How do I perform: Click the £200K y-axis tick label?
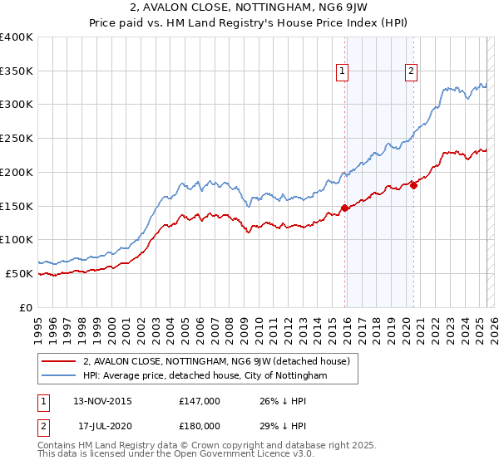click(x=17, y=172)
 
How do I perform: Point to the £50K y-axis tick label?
click(x=19, y=273)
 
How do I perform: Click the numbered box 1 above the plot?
click(x=343, y=72)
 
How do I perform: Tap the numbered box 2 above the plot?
click(x=412, y=72)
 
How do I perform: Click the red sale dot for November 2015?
click(x=344, y=208)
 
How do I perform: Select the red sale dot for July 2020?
click(x=413, y=185)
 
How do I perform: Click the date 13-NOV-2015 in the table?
click(x=102, y=401)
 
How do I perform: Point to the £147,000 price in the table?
click(x=200, y=401)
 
